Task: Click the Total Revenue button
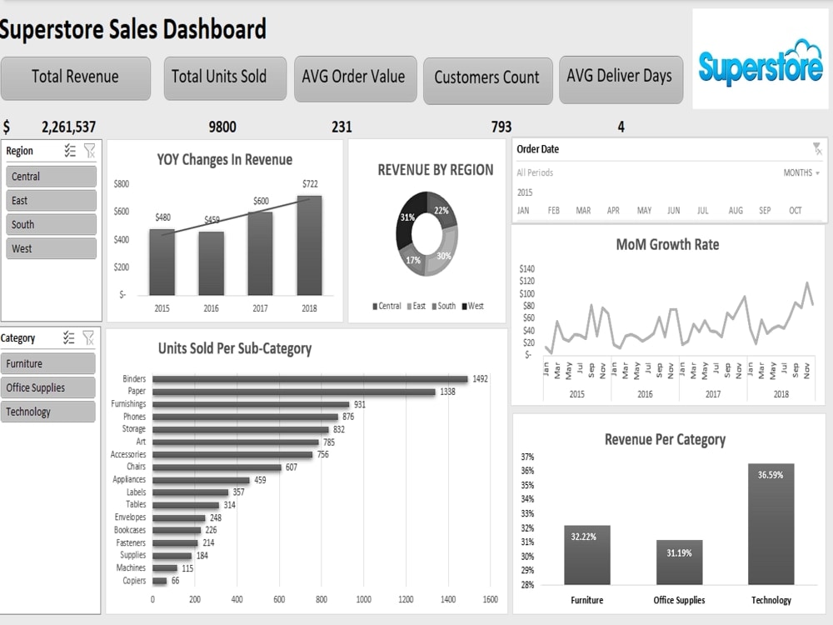click(76, 78)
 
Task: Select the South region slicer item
click(51, 224)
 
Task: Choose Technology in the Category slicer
click(47, 412)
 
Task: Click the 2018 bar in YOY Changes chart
click(309, 246)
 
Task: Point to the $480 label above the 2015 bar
click(163, 217)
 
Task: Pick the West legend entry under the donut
click(473, 306)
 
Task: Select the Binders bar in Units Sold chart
click(310, 379)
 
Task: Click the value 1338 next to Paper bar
click(447, 392)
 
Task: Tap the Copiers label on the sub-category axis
click(134, 580)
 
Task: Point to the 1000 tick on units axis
click(364, 599)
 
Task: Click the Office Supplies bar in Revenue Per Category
click(680, 562)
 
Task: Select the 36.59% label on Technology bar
click(771, 475)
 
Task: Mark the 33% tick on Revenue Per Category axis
click(527, 514)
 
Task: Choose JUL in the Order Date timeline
click(703, 211)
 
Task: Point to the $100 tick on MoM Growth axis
click(527, 293)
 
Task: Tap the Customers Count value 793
click(501, 127)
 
